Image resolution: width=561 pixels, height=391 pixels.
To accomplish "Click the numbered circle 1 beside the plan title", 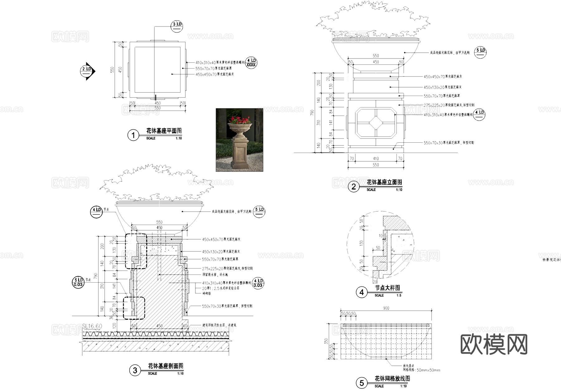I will (133, 135).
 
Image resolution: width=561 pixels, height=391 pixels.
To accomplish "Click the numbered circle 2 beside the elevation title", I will (353, 187).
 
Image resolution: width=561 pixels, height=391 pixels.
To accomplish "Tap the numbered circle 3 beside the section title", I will (135, 370).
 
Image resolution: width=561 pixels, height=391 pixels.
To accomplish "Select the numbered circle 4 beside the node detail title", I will (362, 292).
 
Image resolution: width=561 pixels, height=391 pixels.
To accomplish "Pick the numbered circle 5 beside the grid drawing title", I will (362, 383).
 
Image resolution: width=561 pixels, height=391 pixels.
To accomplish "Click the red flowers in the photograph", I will (239, 120).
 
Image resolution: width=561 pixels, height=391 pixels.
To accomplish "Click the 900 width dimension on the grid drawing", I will (386, 308).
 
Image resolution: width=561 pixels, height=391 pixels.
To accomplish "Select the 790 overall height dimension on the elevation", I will (313, 112).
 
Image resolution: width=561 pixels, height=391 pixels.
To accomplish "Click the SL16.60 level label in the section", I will (92, 326).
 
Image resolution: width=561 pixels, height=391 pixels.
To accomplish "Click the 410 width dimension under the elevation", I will (376, 159).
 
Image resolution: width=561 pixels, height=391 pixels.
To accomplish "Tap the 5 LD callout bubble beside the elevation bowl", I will (480, 52).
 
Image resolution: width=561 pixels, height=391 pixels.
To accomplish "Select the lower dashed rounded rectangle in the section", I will (134, 308).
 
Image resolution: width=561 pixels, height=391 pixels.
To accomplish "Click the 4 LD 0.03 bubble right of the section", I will (258, 283).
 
